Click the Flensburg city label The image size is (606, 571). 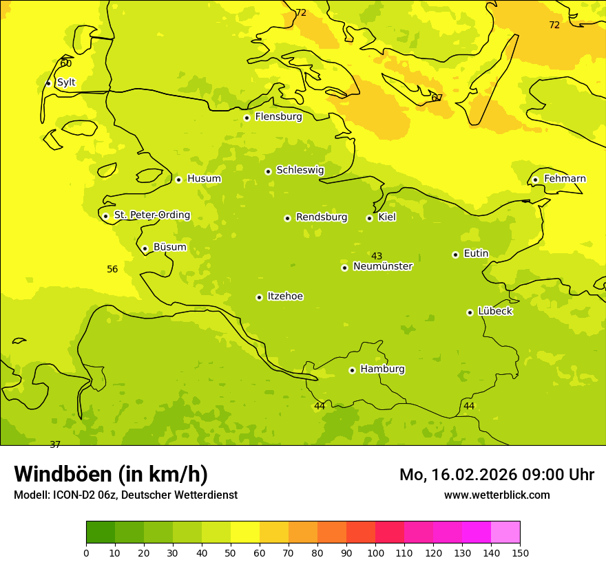point(278,117)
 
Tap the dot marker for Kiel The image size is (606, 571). point(369,218)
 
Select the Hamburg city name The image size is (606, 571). point(382,369)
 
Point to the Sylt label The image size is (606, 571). point(66,83)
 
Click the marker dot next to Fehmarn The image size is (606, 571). point(535,180)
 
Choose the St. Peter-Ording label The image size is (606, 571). point(151,215)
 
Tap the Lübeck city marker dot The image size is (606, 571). point(470,312)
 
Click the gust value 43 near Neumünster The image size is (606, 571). point(377,256)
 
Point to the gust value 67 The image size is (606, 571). point(437,98)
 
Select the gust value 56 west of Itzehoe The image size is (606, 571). point(112,269)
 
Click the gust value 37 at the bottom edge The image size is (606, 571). point(55,444)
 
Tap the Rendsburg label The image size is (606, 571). point(322,217)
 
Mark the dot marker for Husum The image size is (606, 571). point(178,180)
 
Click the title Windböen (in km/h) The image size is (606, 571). point(111,474)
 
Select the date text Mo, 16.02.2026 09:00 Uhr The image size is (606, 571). point(497,475)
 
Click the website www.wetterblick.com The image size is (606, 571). point(497,495)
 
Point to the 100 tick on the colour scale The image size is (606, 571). point(375,552)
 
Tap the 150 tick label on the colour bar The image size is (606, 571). point(520,552)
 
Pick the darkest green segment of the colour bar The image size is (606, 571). point(101,532)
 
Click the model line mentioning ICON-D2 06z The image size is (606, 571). point(125,495)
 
